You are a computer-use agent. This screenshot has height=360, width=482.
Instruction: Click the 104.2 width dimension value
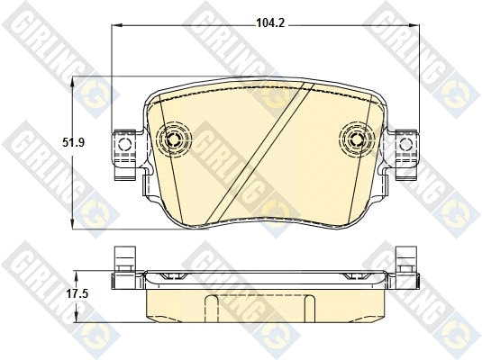pyautogui.click(x=269, y=23)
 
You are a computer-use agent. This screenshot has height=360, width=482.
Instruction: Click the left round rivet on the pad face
pyautogui.click(x=171, y=139)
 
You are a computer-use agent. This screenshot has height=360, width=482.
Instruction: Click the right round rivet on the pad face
pyautogui.click(x=358, y=139)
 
